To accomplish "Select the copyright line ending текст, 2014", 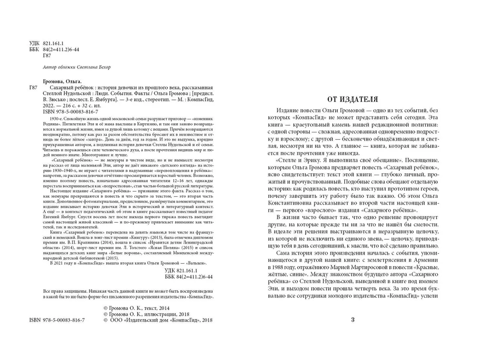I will (137, 308).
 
